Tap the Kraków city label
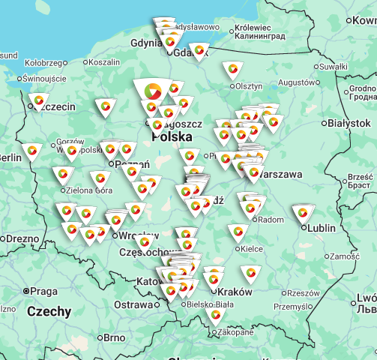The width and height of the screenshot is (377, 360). [x=233, y=291]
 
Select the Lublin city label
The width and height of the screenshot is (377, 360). [x=322, y=228]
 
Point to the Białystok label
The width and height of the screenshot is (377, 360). [x=349, y=123]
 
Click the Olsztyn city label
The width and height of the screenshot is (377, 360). [x=249, y=86]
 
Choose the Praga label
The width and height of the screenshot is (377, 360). [x=43, y=291]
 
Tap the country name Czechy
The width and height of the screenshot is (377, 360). [x=49, y=311]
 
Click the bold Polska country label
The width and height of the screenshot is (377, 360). [x=172, y=138]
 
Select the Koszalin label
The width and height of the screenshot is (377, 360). [x=103, y=63]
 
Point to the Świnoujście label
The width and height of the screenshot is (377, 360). [x=45, y=78]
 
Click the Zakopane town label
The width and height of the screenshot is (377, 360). [x=235, y=331]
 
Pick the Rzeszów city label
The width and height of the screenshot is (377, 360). [x=303, y=293]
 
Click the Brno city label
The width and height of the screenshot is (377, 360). [x=114, y=338]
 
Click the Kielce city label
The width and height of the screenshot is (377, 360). [x=250, y=248]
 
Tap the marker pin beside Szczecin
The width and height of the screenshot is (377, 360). [x=39, y=100]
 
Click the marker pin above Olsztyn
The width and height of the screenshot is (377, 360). [x=232, y=70]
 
